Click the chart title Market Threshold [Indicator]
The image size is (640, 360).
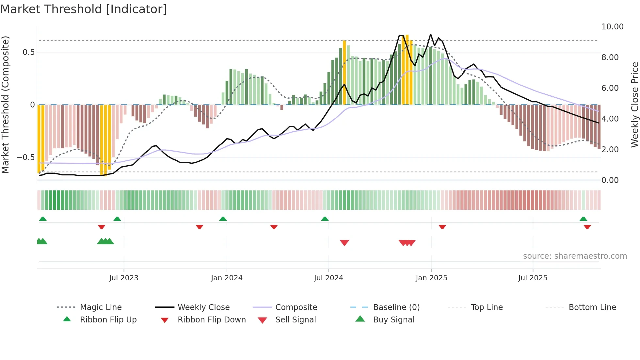[x=84, y=9]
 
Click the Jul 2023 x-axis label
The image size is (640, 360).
[x=124, y=278]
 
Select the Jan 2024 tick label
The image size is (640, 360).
[x=227, y=278]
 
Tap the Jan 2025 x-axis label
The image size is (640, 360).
[x=431, y=278]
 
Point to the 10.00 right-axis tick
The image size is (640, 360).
[x=612, y=27]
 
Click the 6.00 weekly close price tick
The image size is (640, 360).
[x=610, y=88]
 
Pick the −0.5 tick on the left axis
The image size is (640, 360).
[x=26, y=157]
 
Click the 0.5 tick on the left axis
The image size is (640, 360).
[x=28, y=52]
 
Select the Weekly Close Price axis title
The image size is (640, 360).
[x=634, y=105]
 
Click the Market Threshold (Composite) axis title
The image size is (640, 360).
[x=5, y=105]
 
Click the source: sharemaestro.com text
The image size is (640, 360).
[x=575, y=256]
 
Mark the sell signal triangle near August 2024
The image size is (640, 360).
[x=344, y=243]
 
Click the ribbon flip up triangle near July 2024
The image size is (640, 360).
[x=325, y=219]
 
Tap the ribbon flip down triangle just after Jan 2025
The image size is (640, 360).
[x=442, y=227]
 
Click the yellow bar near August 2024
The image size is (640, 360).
[x=344, y=72]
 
